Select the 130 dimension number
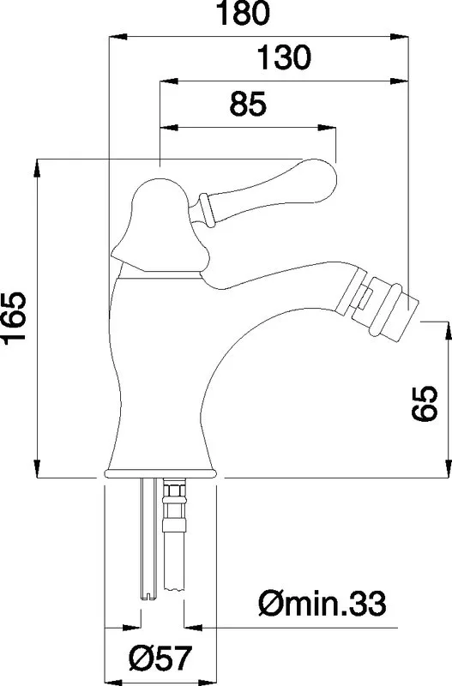pos(284,57)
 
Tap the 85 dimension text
pos(248,104)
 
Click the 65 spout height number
pos(425,403)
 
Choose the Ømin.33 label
pos(322,604)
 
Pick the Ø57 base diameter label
pos(160,657)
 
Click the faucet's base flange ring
pos(160,474)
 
